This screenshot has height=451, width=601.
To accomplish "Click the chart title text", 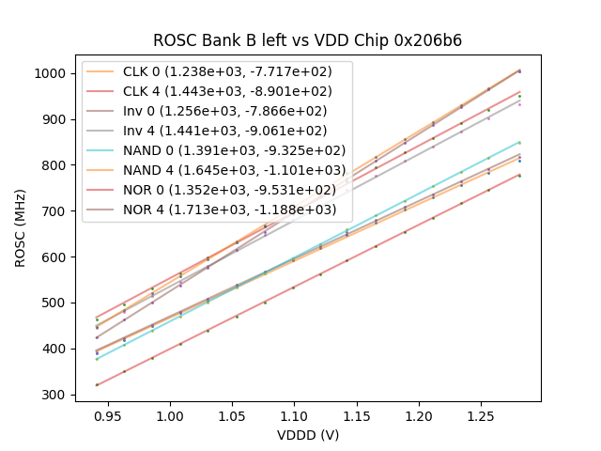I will [x=307, y=40].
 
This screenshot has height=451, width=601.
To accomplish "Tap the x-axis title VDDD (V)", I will [x=307, y=435].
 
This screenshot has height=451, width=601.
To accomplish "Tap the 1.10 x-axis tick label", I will [x=294, y=414].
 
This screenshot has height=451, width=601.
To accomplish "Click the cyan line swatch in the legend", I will [x=100, y=150].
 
